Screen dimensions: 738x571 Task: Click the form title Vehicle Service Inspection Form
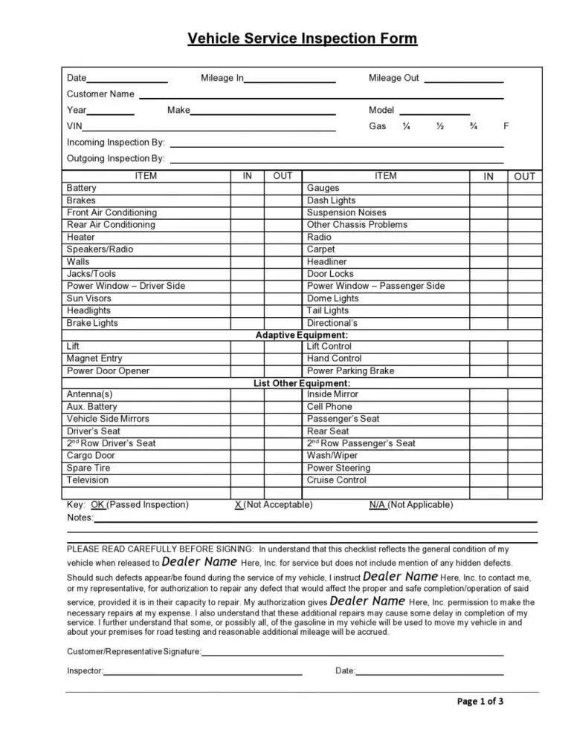303,39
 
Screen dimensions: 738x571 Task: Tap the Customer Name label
100,94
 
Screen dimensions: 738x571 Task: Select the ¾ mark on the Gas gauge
473,126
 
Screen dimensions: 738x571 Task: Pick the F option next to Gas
506,126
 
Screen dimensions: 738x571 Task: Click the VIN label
74,126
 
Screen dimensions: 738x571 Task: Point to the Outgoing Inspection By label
116,159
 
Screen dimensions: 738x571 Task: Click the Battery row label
82,189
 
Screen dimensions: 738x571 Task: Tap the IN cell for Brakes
247,200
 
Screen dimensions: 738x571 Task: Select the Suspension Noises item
346,213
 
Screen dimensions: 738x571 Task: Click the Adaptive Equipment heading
302,336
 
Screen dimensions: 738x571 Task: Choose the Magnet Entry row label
94,359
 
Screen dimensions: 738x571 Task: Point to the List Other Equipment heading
302,383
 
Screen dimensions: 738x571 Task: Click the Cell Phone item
329,407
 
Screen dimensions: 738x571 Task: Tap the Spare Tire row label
88,468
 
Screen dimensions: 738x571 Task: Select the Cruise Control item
337,480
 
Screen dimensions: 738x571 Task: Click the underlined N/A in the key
378,505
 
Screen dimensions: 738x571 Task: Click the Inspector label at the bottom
85,671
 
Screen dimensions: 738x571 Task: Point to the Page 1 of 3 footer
480,701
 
